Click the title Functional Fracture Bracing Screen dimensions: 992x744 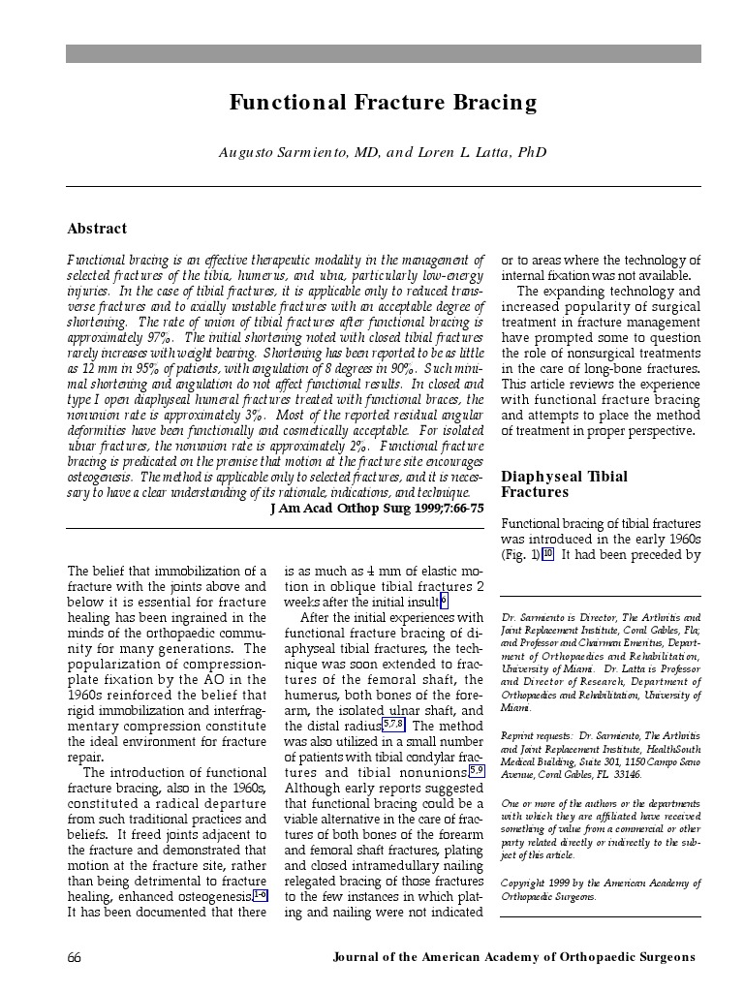pos(383,103)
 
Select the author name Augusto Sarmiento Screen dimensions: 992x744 pos(280,152)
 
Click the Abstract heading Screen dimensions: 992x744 pos(97,229)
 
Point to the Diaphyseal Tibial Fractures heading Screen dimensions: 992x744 pos(564,484)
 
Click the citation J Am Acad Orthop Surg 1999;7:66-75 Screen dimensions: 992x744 pos(377,508)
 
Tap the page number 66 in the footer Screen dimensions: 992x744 pos(75,957)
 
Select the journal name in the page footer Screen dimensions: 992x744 pos(513,957)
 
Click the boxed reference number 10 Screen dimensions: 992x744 pos(547,554)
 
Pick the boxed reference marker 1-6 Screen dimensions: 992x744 pos(259,896)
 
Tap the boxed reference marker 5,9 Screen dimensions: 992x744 pos(476,771)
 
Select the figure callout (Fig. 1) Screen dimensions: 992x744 pos(520,555)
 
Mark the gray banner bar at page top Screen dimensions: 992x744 pos(383,53)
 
